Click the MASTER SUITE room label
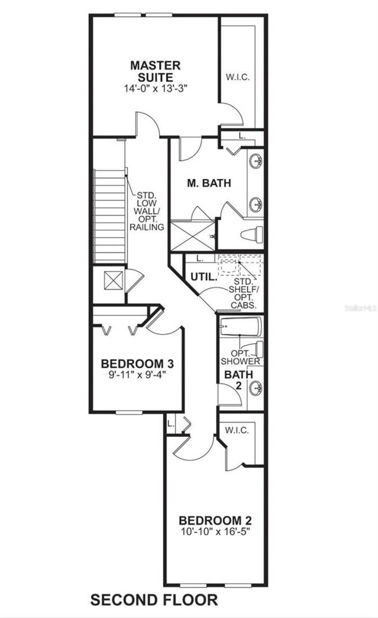click(156, 71)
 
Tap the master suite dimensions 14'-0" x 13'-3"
click(155, 89)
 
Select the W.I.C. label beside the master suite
click(237, 77)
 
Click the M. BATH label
click(209, 183)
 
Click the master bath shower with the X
click(193, 236)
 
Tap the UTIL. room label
click(204, 277)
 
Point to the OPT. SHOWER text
click(240, 357)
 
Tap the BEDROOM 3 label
click(137, 363)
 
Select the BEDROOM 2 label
click(216, 520)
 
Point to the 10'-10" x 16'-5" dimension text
click(216, 531)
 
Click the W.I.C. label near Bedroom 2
click(237, 430)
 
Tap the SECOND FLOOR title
click(154, 600)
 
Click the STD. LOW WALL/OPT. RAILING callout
click(147, 211)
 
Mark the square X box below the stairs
click(114, 280)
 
